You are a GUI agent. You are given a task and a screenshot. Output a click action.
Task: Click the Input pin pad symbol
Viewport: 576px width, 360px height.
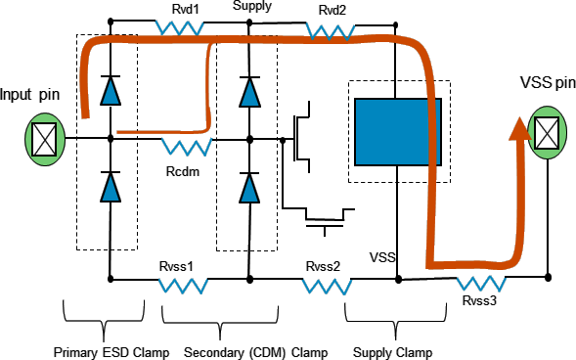pos(43,139)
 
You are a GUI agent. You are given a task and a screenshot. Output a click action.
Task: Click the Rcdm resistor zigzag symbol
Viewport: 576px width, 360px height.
pos(186,148)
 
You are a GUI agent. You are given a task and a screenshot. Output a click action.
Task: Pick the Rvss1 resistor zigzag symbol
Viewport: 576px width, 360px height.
pos(183,286)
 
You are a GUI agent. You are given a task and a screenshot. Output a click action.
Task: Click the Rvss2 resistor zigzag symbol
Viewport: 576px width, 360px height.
pos(326,286)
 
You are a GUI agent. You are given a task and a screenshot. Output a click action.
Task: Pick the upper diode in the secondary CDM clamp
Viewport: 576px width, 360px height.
pos(250,91)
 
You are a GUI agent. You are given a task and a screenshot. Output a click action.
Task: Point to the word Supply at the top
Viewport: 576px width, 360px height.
pos(252,8)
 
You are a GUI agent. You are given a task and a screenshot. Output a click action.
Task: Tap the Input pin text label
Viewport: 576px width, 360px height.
pos(30,95)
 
